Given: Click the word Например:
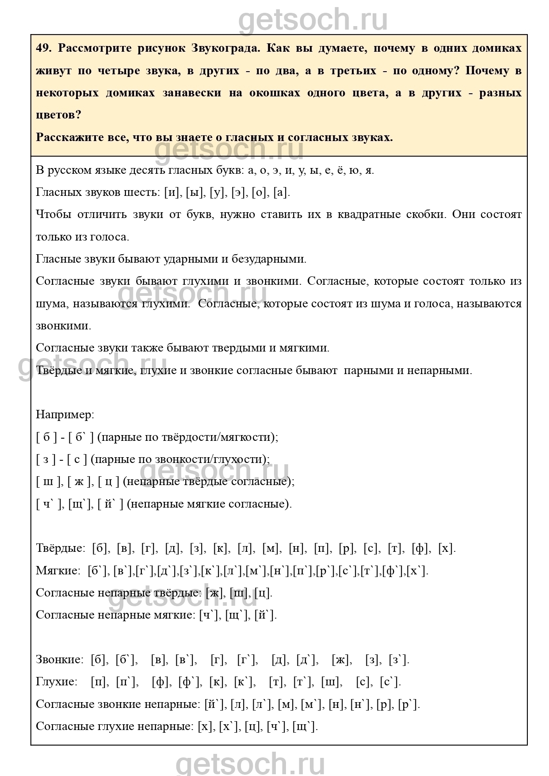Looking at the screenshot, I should click(x=65, y=415).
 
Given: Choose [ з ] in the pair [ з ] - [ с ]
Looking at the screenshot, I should click(x=46, y=459).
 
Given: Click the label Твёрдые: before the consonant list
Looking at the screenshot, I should click(x=61, y=549).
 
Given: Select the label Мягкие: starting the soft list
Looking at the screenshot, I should click(x=57, y=571).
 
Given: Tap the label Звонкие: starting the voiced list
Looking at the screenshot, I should click(x=59, y=660).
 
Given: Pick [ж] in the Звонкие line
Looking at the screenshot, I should click(x=341, y=660).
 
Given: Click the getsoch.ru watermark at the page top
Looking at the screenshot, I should click(x=313, y=20).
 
